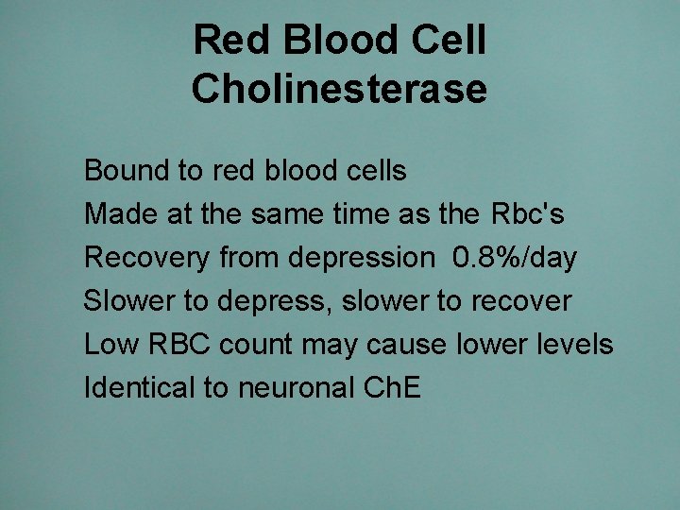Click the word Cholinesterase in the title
click(339, 89)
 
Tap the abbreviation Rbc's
click(528, 214)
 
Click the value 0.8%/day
click(515, 258)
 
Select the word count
click(256, 345)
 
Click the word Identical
click(140, 387)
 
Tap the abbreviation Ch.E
click(398, 387)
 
